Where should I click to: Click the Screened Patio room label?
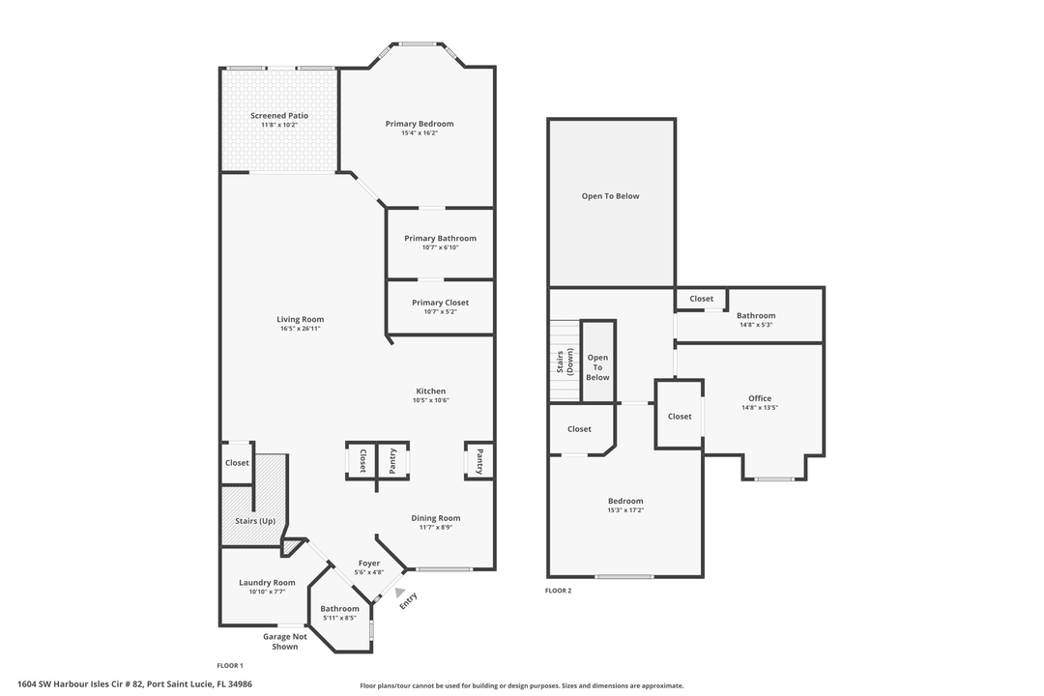point(279,115)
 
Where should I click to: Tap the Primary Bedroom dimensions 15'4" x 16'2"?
point(419,133)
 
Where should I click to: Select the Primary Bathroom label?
point(440,238)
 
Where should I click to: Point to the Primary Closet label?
point(440,303)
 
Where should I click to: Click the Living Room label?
point(300,319)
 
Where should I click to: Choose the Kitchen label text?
point(430,391)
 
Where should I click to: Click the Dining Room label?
point(435,518)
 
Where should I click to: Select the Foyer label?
point(368,563)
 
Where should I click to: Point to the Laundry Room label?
point(267,582)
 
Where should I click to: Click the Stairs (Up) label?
point(255,521)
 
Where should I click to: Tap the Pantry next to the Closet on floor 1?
point(392,461)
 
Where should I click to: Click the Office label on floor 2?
point(759,398)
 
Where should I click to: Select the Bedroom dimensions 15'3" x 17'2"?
point(624,509)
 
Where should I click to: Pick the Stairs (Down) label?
point(564,361)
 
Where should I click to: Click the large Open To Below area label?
point(610,196)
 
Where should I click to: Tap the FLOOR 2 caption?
point(558,591)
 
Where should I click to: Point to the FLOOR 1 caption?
point(229,665)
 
